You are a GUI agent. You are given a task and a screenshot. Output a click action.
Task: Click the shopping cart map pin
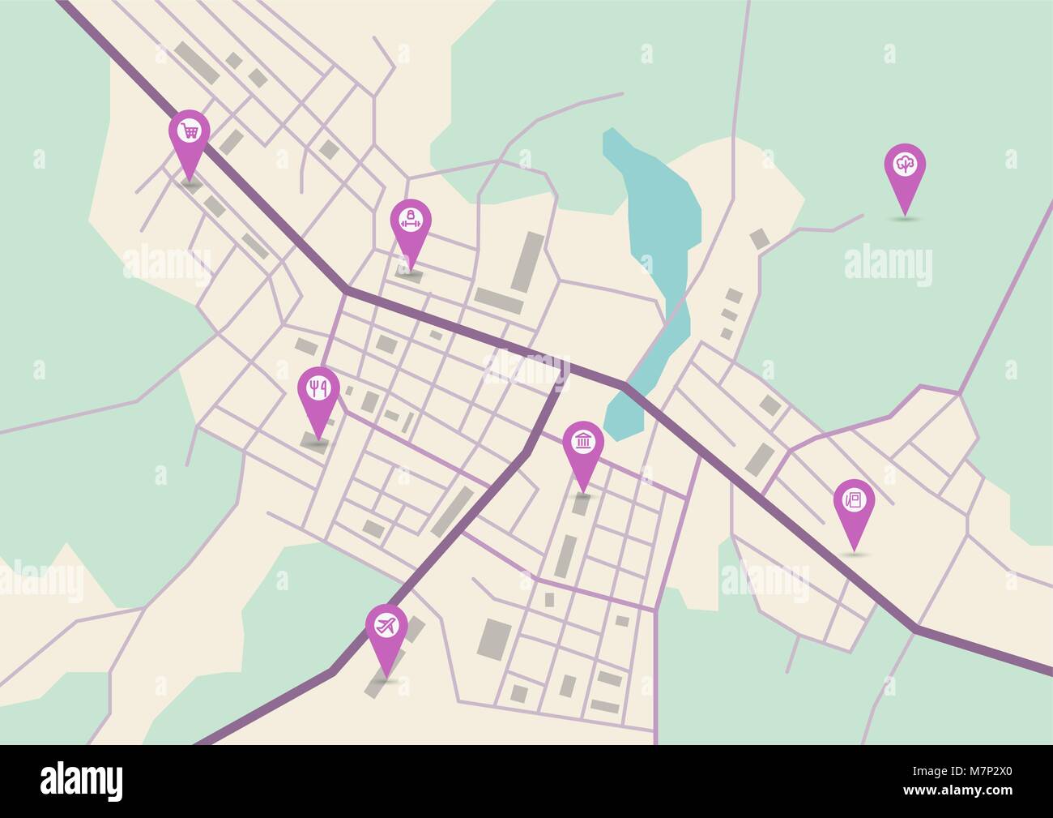pos(190,132)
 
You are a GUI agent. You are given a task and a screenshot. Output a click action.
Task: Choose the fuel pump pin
pos(854,501)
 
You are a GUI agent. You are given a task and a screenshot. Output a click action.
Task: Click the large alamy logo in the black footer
pos(82,781)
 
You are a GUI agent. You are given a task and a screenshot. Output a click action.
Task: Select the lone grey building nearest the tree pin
pos(760,238)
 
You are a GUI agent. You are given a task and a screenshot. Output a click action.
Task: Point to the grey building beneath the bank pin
pos(581,505)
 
